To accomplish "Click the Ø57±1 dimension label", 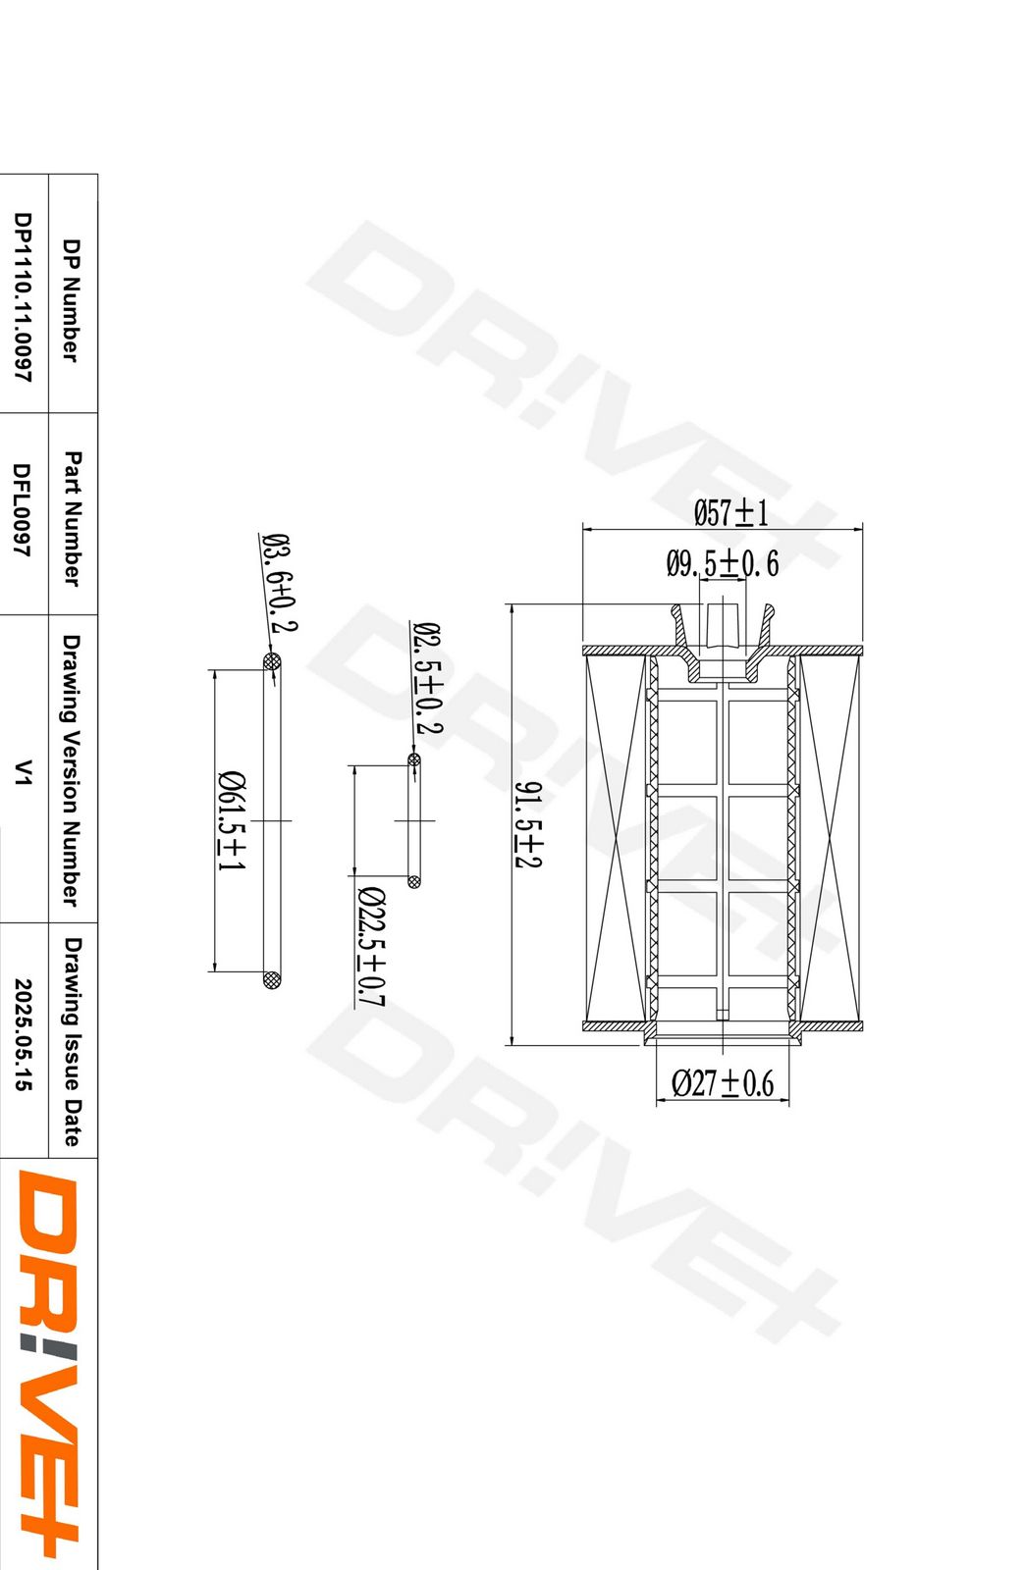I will tap(730, 512).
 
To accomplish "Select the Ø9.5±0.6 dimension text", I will tap(722, 563).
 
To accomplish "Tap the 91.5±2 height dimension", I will tap(527, 824).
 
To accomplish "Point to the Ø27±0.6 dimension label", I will tap(723, 1083).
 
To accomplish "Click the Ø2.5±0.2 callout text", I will tap(427, 678).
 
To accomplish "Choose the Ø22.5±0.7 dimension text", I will tap(371, 946).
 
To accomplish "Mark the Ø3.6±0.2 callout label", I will tap(280, 583).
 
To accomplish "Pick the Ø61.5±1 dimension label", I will tap(232, 820).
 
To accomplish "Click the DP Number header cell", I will tap(72, 299).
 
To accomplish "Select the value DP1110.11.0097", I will tap(23, 297).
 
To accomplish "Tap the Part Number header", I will tap(72, 518).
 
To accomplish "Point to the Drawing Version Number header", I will tap(72, 769).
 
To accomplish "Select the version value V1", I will tap(23, 772).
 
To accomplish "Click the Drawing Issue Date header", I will tap(72, 1041).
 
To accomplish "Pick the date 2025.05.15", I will tap(23, 1034).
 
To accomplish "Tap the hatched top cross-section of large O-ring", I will tap(272, 662).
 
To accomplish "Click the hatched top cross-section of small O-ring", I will tap(414, 759).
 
